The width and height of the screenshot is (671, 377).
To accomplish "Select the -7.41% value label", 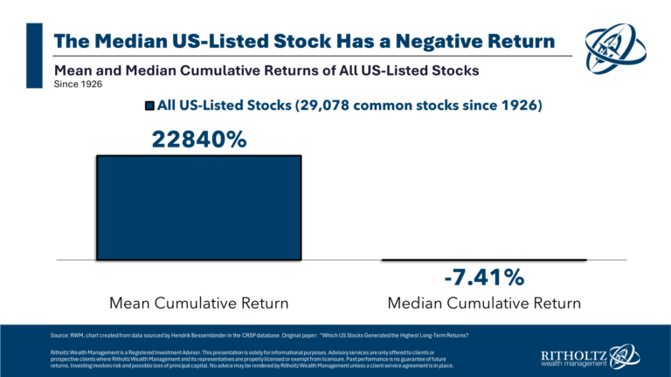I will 484,278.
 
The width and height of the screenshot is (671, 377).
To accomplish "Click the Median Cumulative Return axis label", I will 484,304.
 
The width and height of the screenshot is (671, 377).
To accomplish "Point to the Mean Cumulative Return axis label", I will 198,304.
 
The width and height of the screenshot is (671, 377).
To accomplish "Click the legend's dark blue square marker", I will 149,106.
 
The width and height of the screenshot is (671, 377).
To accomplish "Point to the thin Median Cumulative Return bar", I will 484,260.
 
